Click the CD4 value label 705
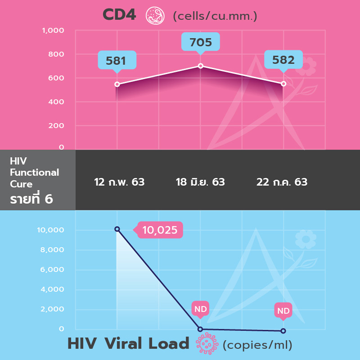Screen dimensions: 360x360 click(x=200, y=43)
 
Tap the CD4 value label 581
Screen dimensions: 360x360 click(x=116, y=60)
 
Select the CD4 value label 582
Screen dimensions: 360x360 click(x=283, y=60)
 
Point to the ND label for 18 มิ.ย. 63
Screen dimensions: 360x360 click(x=200, y=309)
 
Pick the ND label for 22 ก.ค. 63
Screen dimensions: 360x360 click(x=283, y=310)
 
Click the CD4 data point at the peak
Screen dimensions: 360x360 click(x=201, y=66)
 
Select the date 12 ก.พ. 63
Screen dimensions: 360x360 click(x=119, y=182)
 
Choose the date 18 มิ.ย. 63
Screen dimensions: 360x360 click(x=200, y=182)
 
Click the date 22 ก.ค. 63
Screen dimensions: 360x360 click(x=282, y=182)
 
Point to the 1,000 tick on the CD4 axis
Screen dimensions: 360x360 click(x=53, y=31)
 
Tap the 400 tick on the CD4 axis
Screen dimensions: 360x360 click(x=56, y=102)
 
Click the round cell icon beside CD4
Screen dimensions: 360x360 click(x=155, y=16)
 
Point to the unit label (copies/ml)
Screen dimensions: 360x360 click(x=257, y=345)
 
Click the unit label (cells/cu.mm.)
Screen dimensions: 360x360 click(x=215, y=17)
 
